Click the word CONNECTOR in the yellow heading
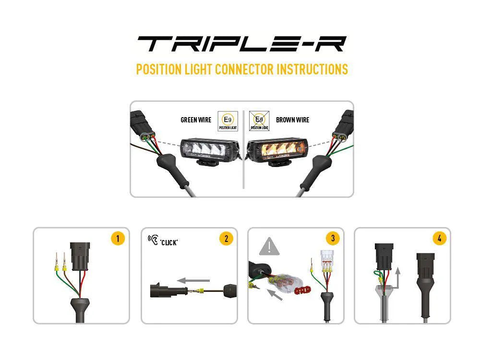coord(244,69)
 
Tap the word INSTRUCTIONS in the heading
coord(312,69)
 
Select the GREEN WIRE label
coord(195,120)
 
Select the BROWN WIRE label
coord(292,120)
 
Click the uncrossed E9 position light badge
coord(228,121)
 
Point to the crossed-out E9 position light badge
coord(259,121)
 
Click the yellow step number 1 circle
coord(118,239)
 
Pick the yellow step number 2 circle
coord(226,239)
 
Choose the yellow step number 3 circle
coord(332,239)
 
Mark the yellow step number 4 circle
coord(439,239)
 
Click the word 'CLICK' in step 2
coord(169,242)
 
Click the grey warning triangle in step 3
coord(269,247)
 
